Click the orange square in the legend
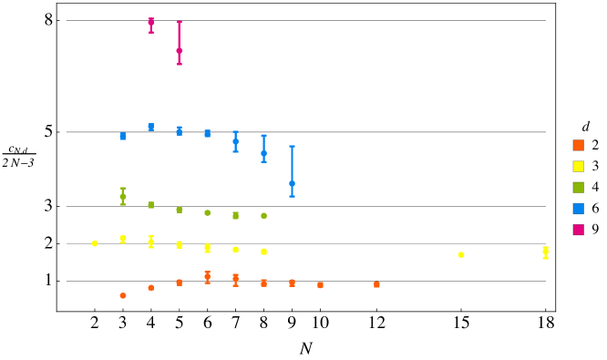tap(578, 145)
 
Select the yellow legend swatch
tap(578, 166)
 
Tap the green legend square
tap(578, 187)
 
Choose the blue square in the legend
tap(578, 209)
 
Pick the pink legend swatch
tap(578, 230)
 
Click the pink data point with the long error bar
tap(179, 50)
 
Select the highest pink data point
tap(151, 22)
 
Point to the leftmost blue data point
tap(123, 136)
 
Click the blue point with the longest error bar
tap(292, 183)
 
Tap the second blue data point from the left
tap(151, 127)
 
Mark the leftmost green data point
tap(123, 196)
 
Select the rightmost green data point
tap(263, 216)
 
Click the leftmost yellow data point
tap(95, 243)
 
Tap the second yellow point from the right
tap(461, 254)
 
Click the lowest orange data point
tap(123, 295)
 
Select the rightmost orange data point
tap(376, 284)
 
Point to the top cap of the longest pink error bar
tap(179, 22)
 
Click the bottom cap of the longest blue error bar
tap(292, 197)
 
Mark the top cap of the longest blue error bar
tap(292, 146)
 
